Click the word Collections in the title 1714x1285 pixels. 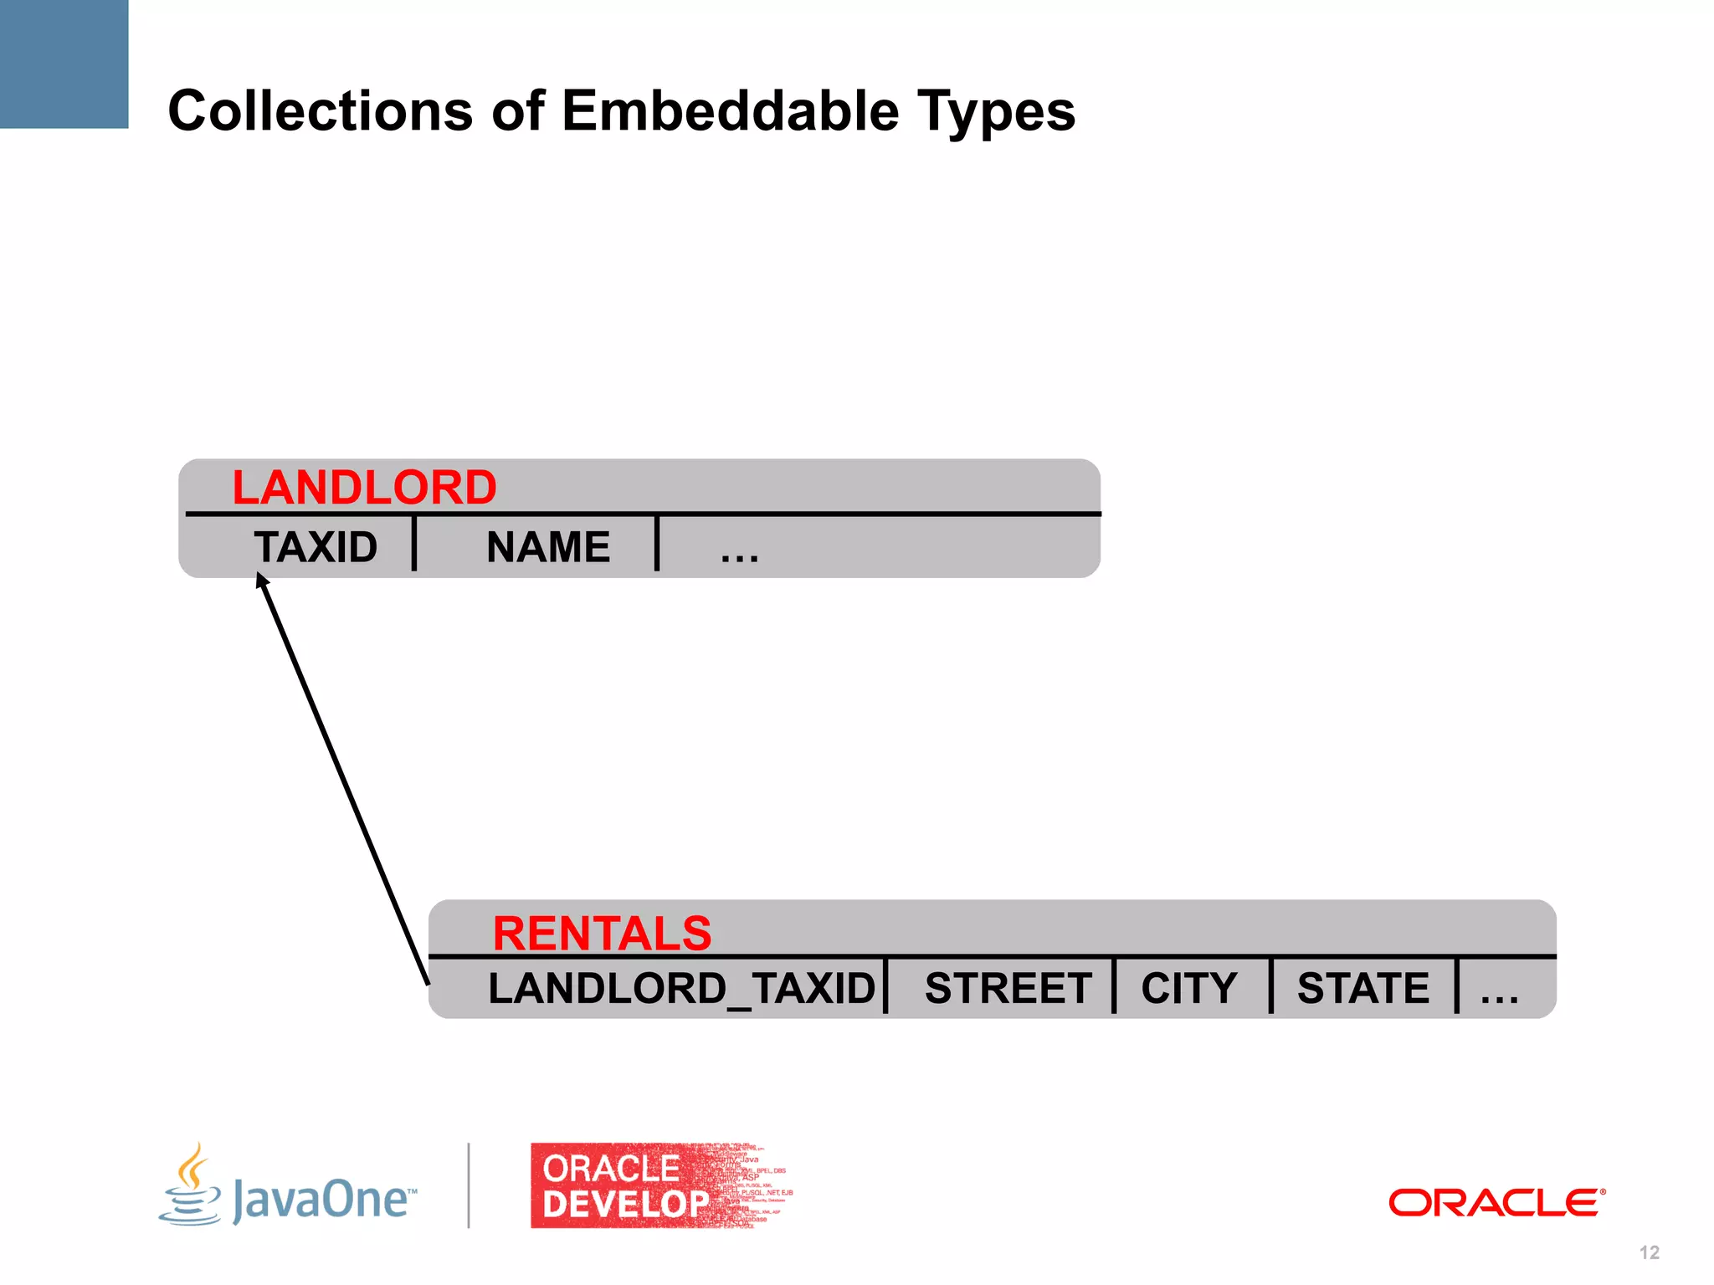(321, 110)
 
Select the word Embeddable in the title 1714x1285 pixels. (729, 110)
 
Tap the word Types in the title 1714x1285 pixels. (996, 112)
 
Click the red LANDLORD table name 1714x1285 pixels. (364, 488)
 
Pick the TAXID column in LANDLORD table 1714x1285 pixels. (316, 548)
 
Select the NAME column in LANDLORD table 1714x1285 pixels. (548, 548)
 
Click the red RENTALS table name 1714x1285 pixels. (602, 934)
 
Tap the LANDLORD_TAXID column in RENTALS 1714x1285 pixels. (681, 989)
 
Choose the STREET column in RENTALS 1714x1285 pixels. (1008, 989)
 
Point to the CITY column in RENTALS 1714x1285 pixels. (1189, 989)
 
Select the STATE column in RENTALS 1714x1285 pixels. (1363, 989)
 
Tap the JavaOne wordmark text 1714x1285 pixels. (324, 1200)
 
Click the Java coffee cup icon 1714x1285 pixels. (192, 1186)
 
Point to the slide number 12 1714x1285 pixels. (1649, 1252)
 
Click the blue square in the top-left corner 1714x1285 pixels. (64, 64)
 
